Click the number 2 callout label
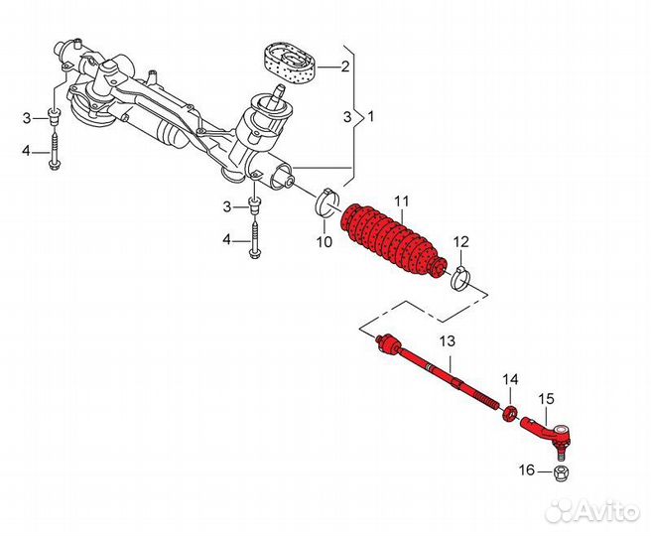point(345,67)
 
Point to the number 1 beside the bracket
point(371,116)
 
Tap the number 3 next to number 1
point(347,116)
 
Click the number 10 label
point(324,241)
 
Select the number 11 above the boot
point(401,201)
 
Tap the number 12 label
point(461,242)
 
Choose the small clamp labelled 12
point(459,276)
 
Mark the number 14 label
point(510,379)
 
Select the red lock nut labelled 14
point(510,411)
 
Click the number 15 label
point(547,399)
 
